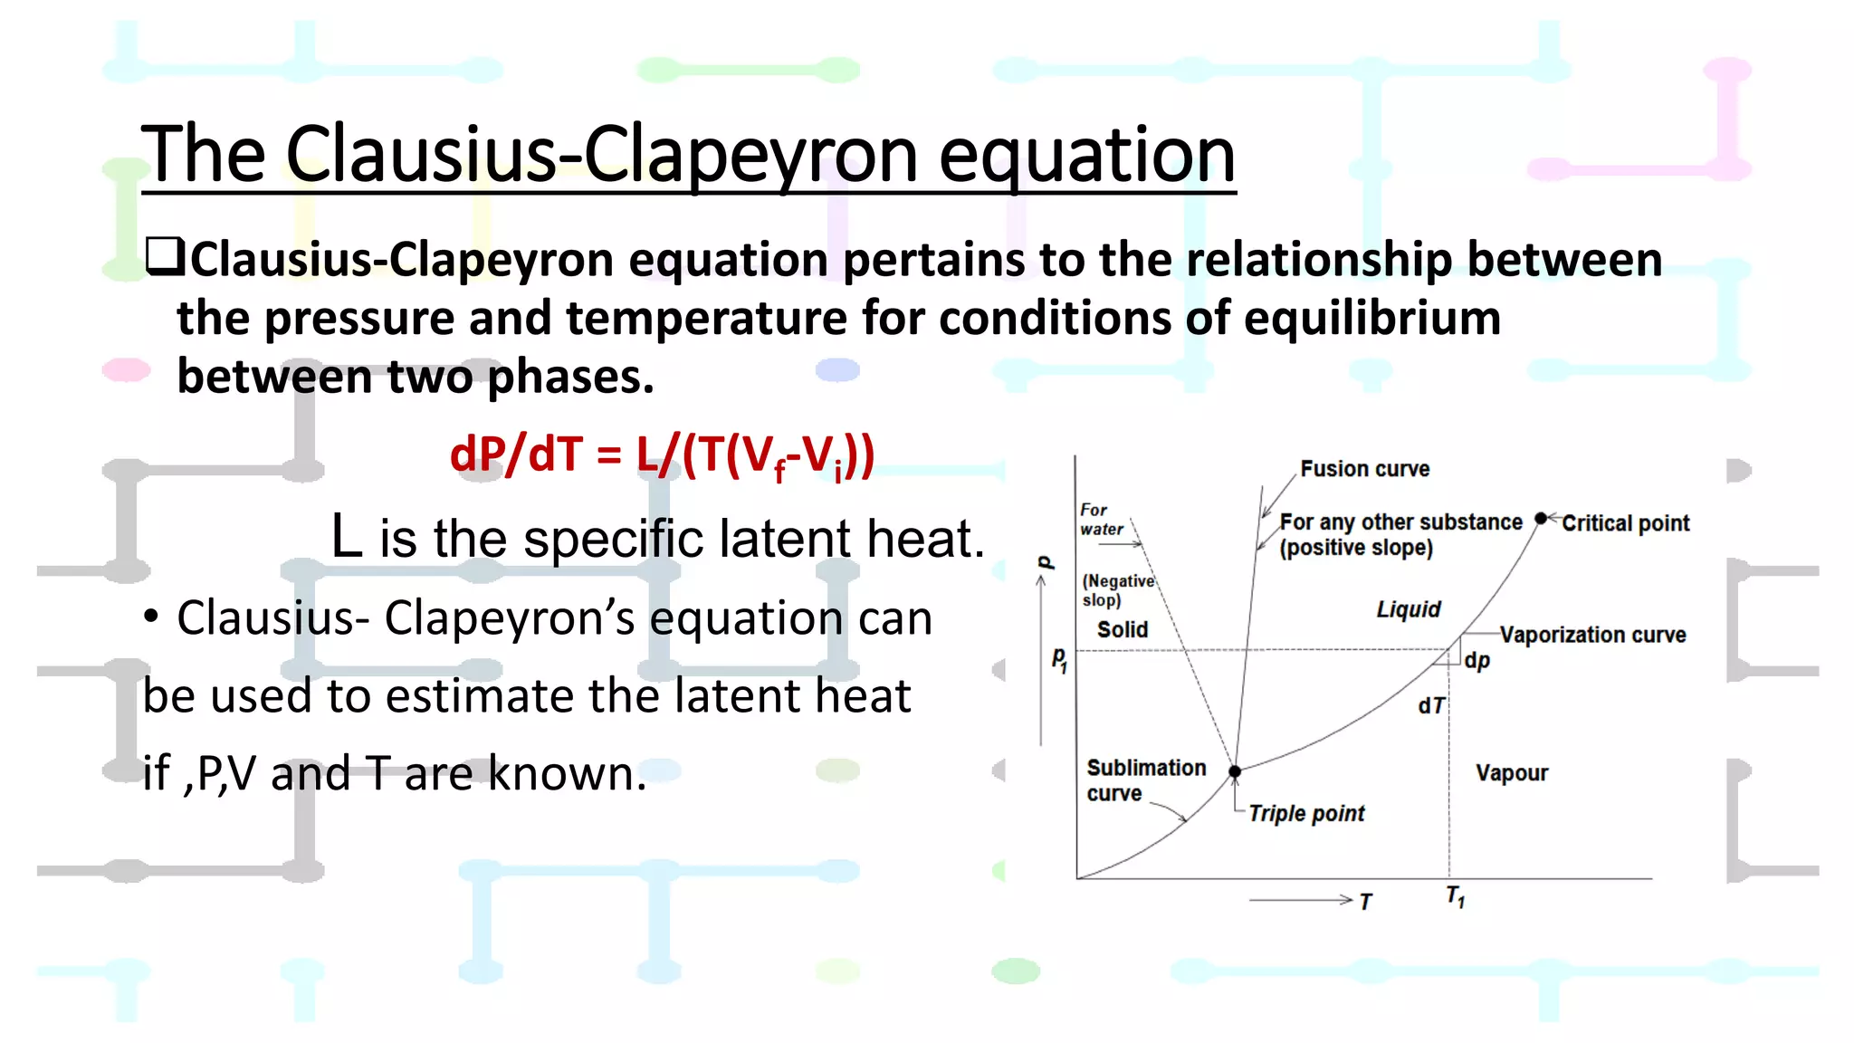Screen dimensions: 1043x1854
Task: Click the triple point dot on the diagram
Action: point(1234,771)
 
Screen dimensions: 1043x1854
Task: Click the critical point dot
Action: point(1541,519)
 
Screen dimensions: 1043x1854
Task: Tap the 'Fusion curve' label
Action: point(1364,469)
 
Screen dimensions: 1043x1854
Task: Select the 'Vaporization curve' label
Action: point(1592,635)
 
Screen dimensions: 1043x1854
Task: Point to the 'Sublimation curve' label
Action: point(1145,780)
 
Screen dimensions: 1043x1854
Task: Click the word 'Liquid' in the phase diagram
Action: point(1408,609)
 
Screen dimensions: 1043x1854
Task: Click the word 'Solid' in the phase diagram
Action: point(1122,629)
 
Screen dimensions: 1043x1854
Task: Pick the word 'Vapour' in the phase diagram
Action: point(1511,773)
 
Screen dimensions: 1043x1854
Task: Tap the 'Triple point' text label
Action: point(1305,813)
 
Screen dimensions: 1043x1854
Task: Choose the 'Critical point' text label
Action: point(1625,523)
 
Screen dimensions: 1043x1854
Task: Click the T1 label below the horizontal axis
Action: point(1455,896)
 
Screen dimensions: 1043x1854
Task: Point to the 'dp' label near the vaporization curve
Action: point(1477,660)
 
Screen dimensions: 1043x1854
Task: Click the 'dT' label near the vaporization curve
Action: point(1431,705)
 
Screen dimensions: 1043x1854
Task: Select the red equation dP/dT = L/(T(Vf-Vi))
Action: point(662,455)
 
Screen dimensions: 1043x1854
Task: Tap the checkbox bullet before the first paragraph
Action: point(164,257)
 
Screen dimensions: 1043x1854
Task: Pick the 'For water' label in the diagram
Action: point(1101,520)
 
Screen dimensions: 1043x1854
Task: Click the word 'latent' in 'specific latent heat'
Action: point(784,539)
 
